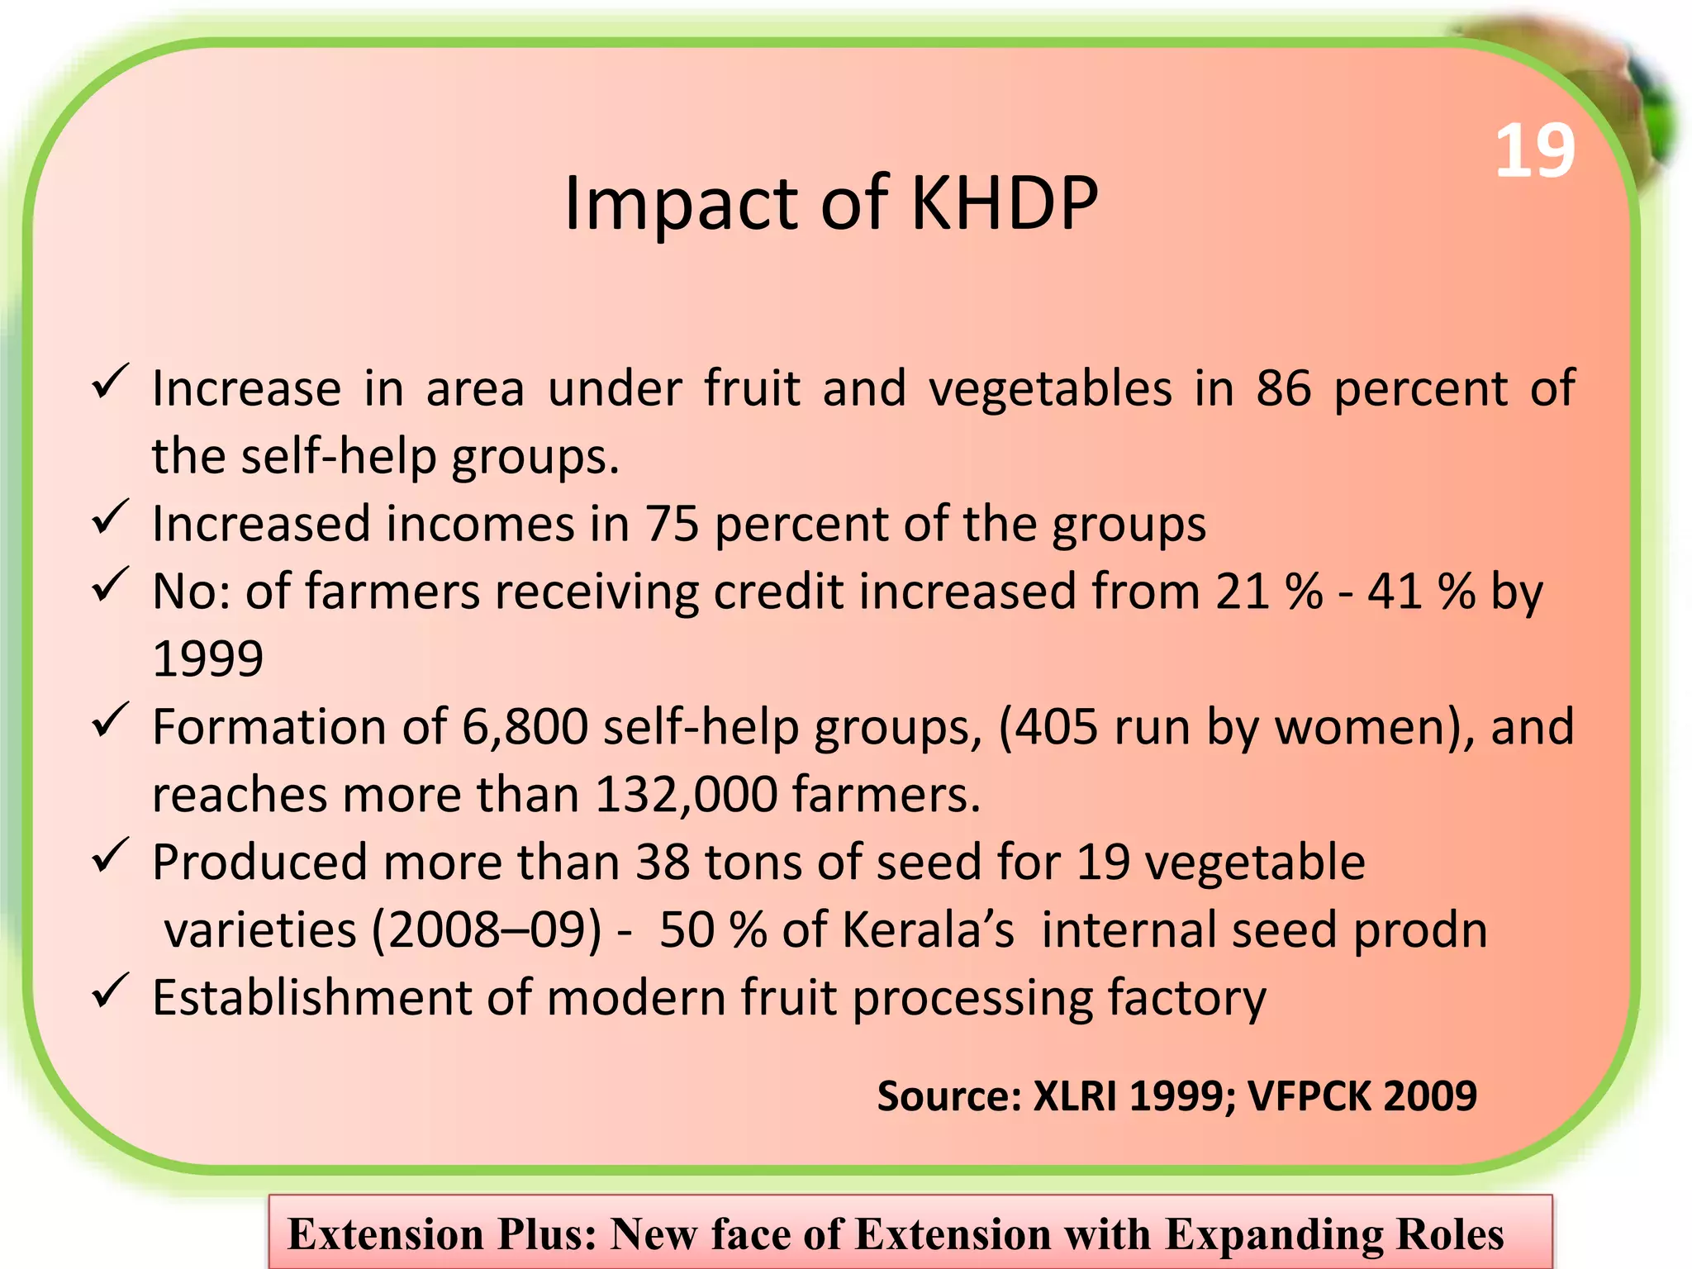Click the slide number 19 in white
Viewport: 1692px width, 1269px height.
click(1535, 152)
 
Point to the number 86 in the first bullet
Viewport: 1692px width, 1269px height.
click(1283, 388)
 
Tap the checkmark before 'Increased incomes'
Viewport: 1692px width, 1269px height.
click(109, 517)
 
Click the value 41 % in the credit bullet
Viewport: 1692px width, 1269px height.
click(1421, 592)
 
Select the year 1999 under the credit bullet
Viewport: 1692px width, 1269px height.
click(208, 659)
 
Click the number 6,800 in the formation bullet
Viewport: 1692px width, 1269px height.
click(525, 727)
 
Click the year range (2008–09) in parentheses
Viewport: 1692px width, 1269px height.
click(487, 930)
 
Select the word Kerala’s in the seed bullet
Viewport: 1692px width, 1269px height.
click(927, 930)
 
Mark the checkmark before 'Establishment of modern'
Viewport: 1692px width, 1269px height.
click(109, 991)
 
